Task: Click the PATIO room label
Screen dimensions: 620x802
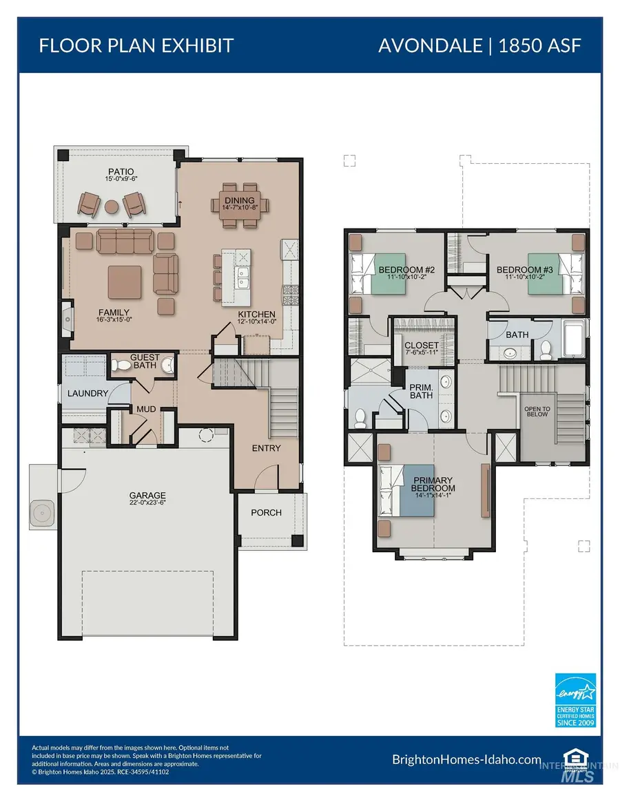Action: pos(121,172)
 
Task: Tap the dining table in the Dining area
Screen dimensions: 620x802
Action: pos(240,205)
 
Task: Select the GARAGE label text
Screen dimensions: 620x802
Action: pos(147,495)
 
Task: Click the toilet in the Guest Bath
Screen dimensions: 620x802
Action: pos(121,366)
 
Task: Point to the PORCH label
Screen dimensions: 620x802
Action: pos(266,512)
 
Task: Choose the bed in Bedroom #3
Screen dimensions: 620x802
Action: pos(555,273)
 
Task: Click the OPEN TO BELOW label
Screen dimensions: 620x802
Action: pos(537,412)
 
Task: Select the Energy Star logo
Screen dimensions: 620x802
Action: pos(575,700)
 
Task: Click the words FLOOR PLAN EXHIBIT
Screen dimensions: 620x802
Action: pos(136,45)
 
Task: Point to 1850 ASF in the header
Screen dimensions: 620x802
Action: pos(539,45)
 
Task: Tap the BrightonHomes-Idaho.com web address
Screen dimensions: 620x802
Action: pos(466,759)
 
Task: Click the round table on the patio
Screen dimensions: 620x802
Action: pos(112,207)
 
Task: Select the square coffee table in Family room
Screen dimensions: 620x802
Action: pos(125,282)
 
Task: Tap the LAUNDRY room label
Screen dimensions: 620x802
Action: pos(87,393)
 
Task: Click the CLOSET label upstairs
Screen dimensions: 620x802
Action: pos(422,346)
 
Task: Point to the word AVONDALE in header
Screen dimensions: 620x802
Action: pos(430,45)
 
